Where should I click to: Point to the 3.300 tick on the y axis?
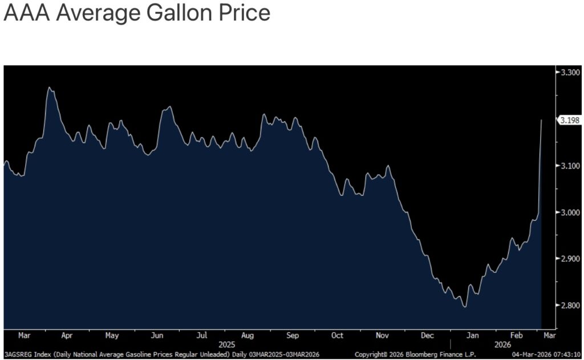click(570, 72)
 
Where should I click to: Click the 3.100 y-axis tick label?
click(570, 165)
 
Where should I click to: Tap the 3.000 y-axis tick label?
click(570, 212)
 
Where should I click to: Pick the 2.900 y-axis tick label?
click(570, 258)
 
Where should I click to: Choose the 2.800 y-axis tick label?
click(570, 305)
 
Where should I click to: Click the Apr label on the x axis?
click(67, 335)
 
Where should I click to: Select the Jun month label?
click(157, 335)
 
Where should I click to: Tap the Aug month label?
click(248, 335)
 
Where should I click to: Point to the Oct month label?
click(337, 335)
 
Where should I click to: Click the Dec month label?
click(428, 335)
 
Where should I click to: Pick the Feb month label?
click(517, 335)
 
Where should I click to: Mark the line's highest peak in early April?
click(50, 87)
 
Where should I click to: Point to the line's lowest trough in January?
click(465, 307)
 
